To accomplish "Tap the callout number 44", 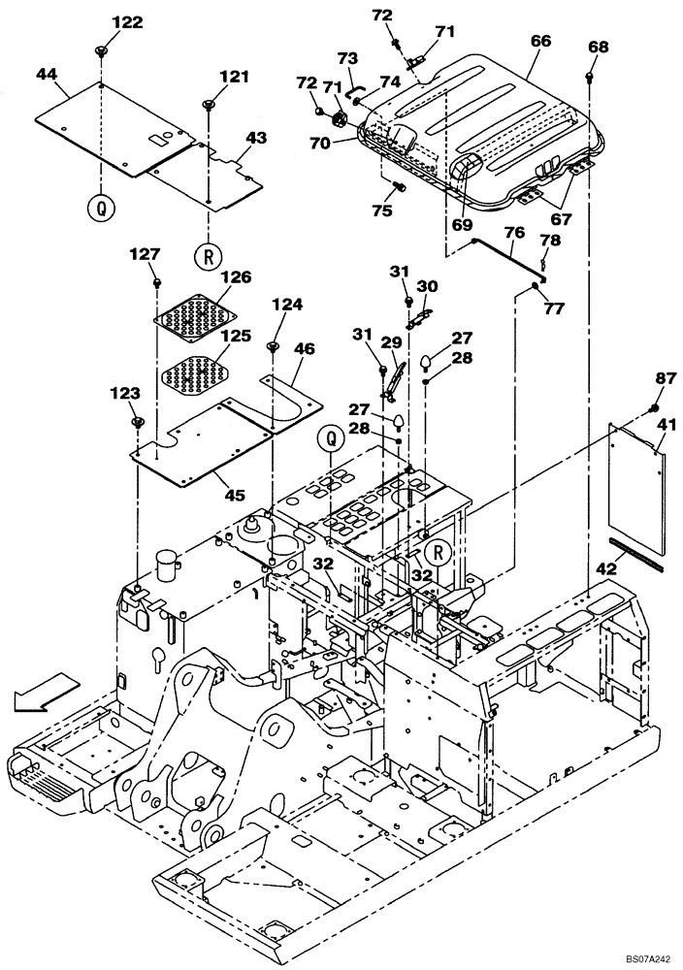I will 47,73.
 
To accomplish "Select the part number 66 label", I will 540,42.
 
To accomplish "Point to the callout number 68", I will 599,47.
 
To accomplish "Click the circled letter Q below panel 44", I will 100,207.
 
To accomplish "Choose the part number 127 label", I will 145,253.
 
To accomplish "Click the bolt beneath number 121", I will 209,105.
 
